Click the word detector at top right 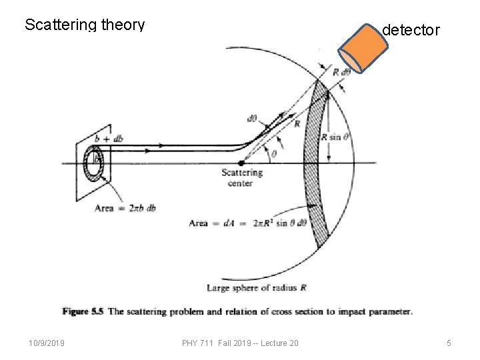coord(411,30)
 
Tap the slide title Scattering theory coord(85,25)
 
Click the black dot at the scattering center coord(241,162)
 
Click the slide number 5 coord(449,343)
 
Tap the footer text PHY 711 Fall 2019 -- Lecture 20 coord(240,343)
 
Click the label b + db coord(108,139)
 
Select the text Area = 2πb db coord(125,208)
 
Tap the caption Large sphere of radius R coord(257,287)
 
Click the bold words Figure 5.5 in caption coord(84,311)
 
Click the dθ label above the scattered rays coord(253,119)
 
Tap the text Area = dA coord(210,223)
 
